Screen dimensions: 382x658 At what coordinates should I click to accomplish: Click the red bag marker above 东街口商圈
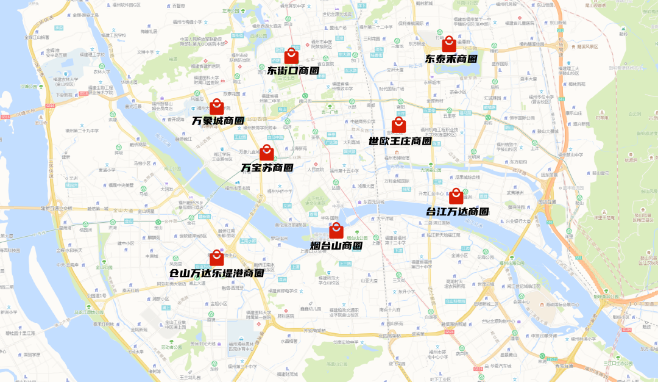pyautogui.click(x=291, y=56)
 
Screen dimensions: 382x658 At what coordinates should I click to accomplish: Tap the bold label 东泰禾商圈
pyautogui.click(x=451, y=59)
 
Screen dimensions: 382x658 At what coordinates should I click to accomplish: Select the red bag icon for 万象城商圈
pyautogui.click(x=216, y=106)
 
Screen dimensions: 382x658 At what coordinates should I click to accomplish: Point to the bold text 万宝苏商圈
pyautogui.click(x=267, y=167)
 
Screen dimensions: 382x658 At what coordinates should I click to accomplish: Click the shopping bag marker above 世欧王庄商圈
pyautogui.click(x=398, y=126)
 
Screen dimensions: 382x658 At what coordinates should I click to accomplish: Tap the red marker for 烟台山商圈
pyautogui.click(x=336, y=230)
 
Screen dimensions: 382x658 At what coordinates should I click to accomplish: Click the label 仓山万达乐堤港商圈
pyautogui.click(x=216, y=273)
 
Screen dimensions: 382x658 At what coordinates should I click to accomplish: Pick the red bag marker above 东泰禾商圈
pyautogui.click(x=449, y=44)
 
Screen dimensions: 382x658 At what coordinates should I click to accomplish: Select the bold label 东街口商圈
pyautogui.click(x=293, y=71)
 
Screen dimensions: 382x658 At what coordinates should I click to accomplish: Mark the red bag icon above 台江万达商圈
pyautogui.click(x=456, y=196)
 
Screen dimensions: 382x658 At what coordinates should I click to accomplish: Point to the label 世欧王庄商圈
pyautogui.click(x=400, y=141)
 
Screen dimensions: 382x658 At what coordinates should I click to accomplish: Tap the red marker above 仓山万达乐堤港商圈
pyautogui.click(x=216, y=258)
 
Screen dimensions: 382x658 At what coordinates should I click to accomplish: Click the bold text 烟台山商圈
pyautogui.click(x=336, y=246)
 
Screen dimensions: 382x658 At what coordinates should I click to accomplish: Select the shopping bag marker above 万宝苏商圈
pyautogui.click(x=267, y=153)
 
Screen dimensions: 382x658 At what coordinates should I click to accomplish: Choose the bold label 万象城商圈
pyautogui.click(x=218, y=121)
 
